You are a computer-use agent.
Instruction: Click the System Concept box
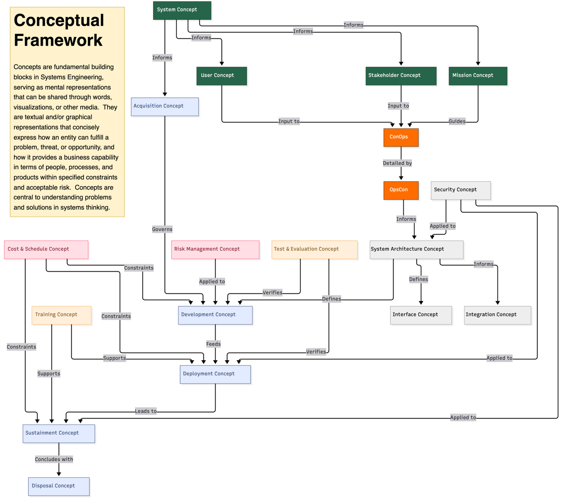tap(182, 10)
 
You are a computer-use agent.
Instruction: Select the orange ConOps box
tap(401, 137)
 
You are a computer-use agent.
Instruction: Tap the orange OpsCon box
tap(401, 190)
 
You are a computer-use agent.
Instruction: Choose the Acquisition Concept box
tap(165, 107)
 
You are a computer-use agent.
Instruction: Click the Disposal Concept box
tap(59, 486)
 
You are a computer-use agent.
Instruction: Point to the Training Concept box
tap(62, 315)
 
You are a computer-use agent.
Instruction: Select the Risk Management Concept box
tap(215, 250)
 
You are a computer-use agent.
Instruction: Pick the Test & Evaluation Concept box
tap(314, 250)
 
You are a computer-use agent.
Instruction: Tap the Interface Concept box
tap(421, 315)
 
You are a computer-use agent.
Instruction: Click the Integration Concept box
tap(498, 315)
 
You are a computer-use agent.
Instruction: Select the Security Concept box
tap(461, 190)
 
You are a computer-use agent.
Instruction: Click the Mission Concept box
tap(478, 76)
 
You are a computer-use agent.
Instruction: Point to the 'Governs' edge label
tap(162, 229)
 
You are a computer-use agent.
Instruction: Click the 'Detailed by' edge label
tap(397, 163)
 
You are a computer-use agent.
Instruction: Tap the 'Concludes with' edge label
tap(54, 459)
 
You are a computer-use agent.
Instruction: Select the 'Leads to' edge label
tap(146, 411)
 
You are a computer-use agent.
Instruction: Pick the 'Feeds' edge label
tap(213, 344)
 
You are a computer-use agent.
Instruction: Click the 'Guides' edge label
tap(457, 121)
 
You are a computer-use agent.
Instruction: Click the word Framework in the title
tap(58, 40)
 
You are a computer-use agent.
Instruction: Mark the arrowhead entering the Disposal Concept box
tap(59, 474)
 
